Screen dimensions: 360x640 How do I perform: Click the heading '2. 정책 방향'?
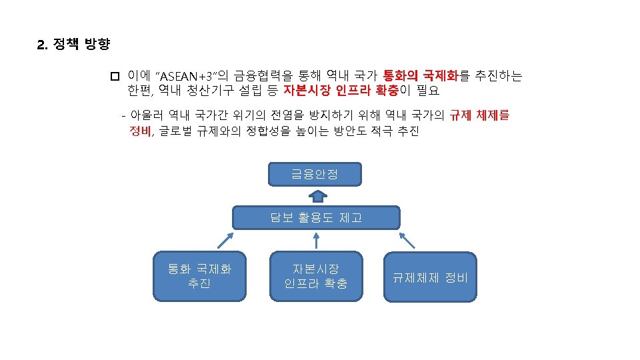tap(73, 45)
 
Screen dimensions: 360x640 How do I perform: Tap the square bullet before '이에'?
tap(114, 76)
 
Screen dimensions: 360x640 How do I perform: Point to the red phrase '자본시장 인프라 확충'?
tap(341, 90)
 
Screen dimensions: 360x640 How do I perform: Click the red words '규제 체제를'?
tap(479, 115)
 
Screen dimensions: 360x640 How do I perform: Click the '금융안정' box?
tap(315, 174)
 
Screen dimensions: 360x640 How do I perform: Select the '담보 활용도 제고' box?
tap(316, 217)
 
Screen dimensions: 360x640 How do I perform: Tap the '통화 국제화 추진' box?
tap(200, 276)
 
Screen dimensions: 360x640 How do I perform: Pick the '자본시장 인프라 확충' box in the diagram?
tap(316, 276)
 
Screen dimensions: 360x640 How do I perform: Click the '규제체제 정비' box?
tap(430, 276)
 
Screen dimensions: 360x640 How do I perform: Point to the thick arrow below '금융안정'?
tap(318, 195)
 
